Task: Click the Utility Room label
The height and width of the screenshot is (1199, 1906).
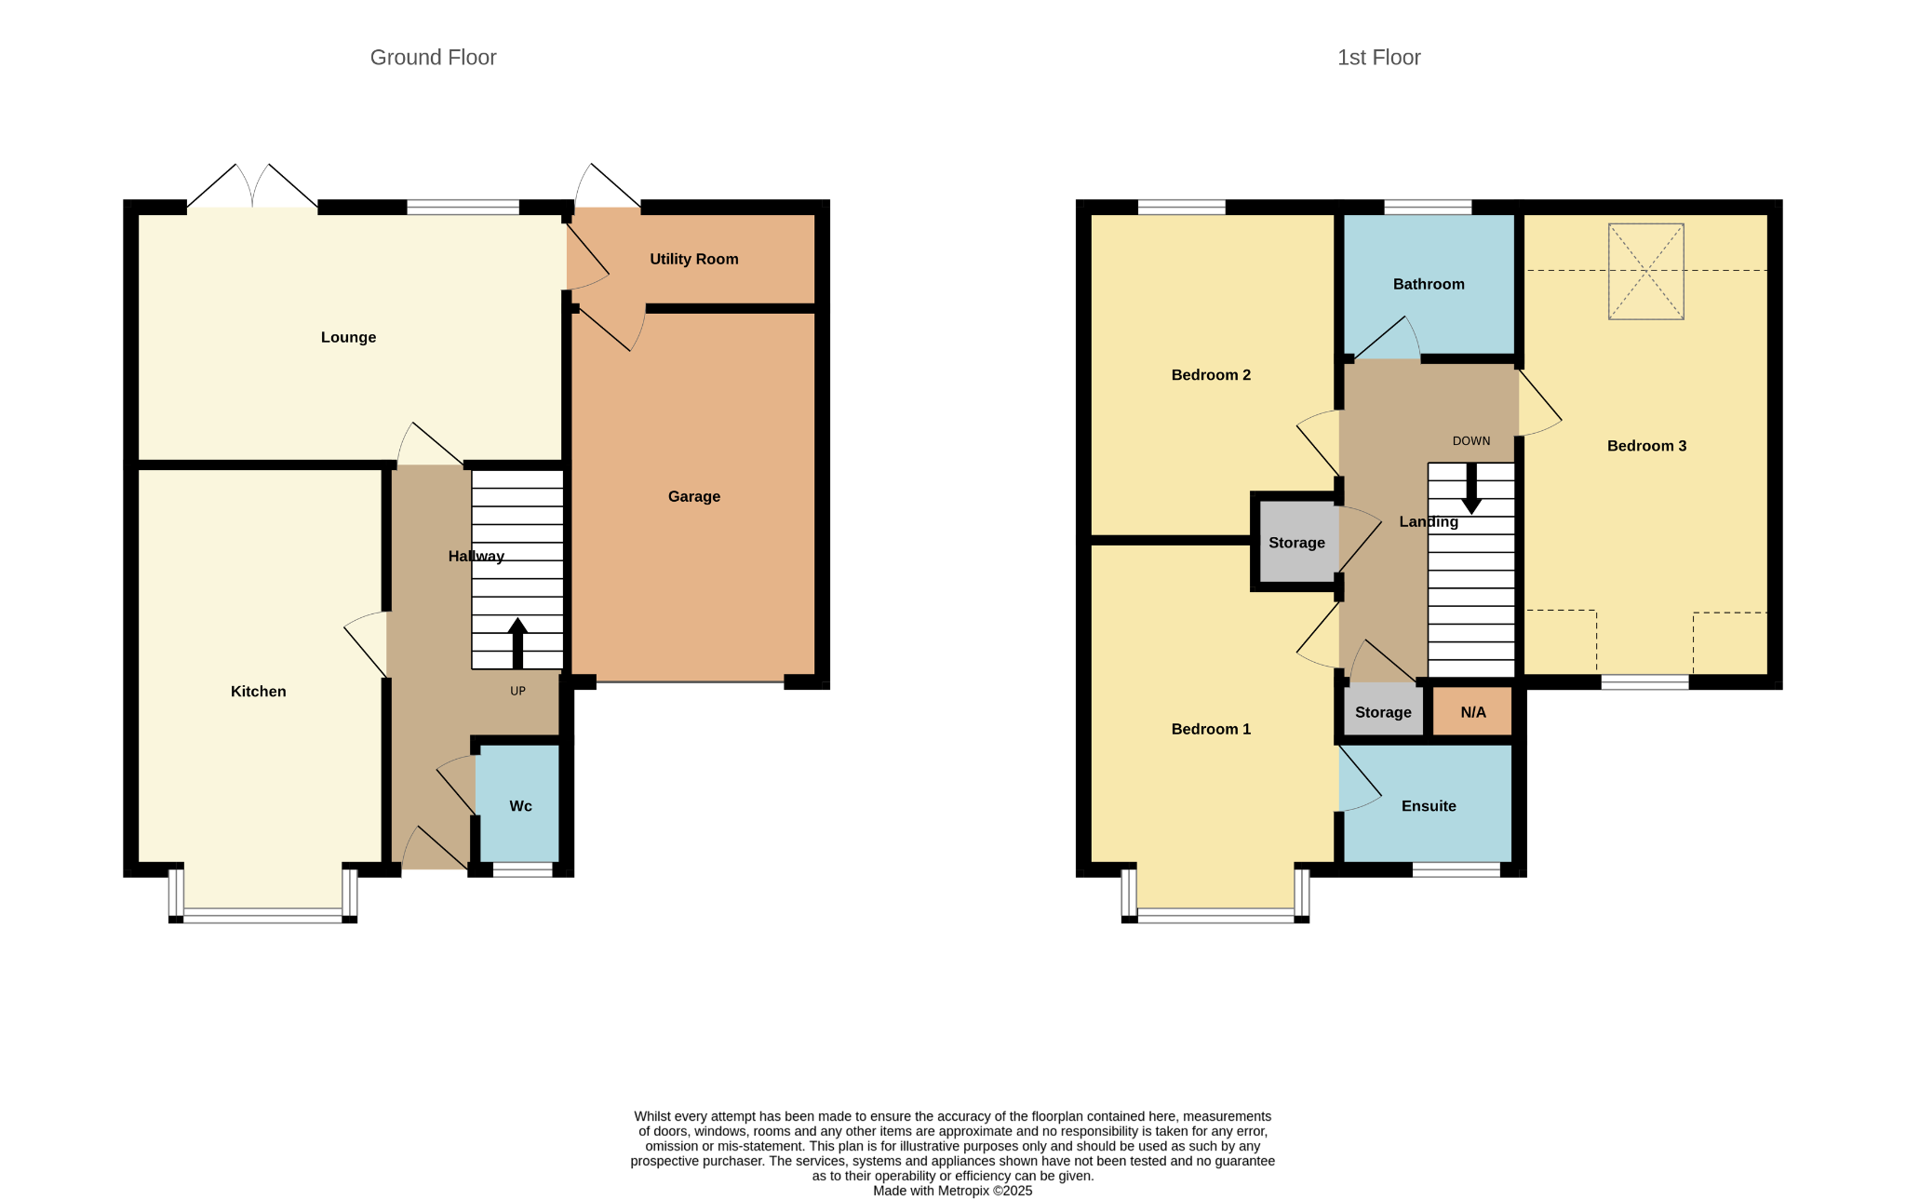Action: pos(694,259)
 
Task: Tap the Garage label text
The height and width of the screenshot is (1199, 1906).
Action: pos(694,497)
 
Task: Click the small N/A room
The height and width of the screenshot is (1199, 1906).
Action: pos(1472,712)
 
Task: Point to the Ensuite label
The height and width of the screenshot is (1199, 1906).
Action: pos(1429,806)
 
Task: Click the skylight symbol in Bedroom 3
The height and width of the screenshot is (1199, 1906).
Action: pos(1646,272)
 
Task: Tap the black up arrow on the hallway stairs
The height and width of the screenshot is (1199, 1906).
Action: pos(517,643)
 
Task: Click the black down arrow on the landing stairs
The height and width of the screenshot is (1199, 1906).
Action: pos(1471,489)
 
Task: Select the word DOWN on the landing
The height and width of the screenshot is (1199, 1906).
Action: pos(1471,441)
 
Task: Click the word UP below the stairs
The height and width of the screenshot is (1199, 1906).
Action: pos(517,691)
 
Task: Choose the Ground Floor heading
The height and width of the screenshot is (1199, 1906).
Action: pos(434,58)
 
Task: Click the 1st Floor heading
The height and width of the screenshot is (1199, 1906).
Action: pos(1378,58)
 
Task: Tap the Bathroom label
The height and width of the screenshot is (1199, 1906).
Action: pos(1429,284)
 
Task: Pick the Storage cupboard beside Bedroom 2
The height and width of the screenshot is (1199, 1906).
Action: pos(1297,543)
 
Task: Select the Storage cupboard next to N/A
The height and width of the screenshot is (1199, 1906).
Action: pos(1384,712)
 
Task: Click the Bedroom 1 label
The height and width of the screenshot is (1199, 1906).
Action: pos(1211,729)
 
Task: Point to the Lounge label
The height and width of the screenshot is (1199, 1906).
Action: pos(349,337)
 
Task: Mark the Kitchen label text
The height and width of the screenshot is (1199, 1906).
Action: pos(259,692)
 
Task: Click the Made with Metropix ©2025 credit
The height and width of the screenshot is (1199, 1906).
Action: pos(953,1191)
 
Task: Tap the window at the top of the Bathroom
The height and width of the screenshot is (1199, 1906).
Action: pos(1428,208)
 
